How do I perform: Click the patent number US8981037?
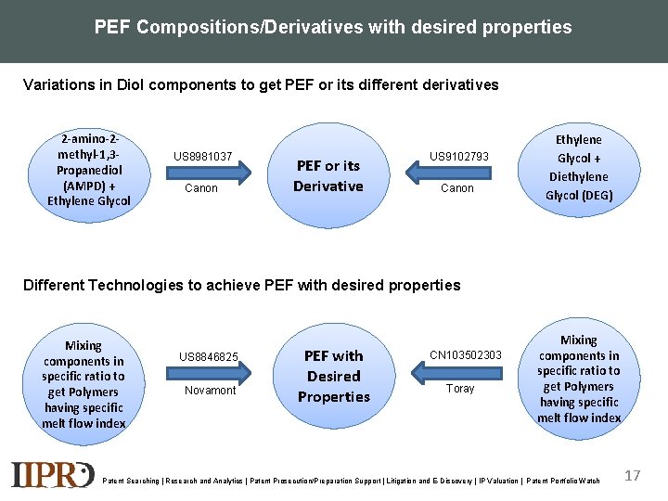(x=202, y=157)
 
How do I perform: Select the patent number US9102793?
(x=458, y=157)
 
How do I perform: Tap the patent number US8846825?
(x=209, y=357)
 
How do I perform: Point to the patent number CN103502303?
(x=466, y=355)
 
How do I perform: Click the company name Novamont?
(x=210, y=391)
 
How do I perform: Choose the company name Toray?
(x=460, y=389)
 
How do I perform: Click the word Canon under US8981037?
(x=201, y=188)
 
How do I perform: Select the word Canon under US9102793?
(x=456, y=188)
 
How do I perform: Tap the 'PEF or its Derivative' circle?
(x=328, y=175)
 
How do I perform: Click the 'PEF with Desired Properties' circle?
(x=333, y=376)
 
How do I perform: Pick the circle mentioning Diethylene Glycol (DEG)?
(x=578, y=168)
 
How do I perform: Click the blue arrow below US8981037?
(x=212, y=173)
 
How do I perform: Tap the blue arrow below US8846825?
(x=212, y=373)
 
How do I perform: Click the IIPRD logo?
(x=53, y=474)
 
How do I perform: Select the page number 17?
(x=633, y=476)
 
